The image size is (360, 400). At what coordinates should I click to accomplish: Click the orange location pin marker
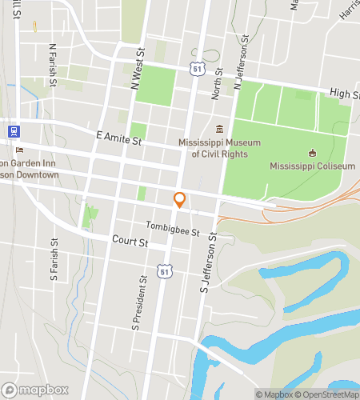tap(180, 200)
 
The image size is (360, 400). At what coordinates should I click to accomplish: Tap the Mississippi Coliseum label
tap(312, 166)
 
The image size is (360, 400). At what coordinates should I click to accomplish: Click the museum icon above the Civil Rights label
tap(219, 129)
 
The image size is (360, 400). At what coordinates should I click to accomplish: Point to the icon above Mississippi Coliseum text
tap(312, 153)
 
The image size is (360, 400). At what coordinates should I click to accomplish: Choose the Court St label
tap(130, 241)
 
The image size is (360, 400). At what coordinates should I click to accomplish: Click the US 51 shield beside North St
tap(197, 70)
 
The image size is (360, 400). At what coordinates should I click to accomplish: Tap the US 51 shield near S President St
tap(164, 272)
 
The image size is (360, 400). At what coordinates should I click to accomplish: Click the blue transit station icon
tap(13, 130)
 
